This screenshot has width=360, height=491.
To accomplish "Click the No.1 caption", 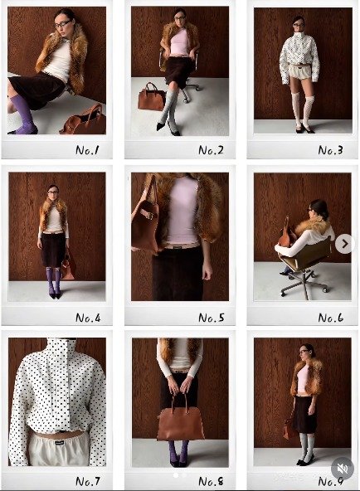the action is (x=87, y=150).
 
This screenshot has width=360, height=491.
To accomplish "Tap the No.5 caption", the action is (x=212, y=318).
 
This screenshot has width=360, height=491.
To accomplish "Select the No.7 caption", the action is (x=88, y=481).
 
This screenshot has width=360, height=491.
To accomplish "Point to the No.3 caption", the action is (x=331, y=150).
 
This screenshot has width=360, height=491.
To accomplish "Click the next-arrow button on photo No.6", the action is (x=344, y=244).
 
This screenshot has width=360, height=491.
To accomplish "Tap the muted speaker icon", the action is (x=343, y=469).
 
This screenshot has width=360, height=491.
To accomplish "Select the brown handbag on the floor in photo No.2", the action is (x=151, y=96).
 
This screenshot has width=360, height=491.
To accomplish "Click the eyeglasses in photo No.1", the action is (x=62, y=24).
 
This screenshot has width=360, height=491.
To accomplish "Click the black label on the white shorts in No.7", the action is (x=59, y=443).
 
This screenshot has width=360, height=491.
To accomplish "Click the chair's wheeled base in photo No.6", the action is (x=304, y=284).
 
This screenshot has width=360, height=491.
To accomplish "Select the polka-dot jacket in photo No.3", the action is (x=299, y=56).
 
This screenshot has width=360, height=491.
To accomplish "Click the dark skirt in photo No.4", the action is (x=53, y=250).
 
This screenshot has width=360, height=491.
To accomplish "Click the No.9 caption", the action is (x=331, y=481).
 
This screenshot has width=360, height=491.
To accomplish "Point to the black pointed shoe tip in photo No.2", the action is (x=158, y=128).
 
